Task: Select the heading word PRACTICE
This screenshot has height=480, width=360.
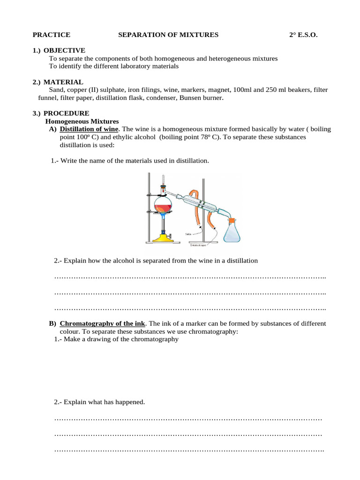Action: pyautogui.click(x=51, y=35)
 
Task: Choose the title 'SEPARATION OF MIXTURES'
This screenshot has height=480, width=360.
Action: pyautogui.click(x=168, y=35)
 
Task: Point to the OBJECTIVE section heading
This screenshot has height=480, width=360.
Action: pyautogui.click(x=64, y=50)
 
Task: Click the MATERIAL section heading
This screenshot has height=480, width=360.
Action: pyautogui.click(x=63, y=82)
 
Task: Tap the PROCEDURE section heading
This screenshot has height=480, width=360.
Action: pyautogui.click(x=66, y=113)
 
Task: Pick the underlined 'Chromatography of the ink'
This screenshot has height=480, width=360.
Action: pyautogui.click(x=103, y=323)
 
